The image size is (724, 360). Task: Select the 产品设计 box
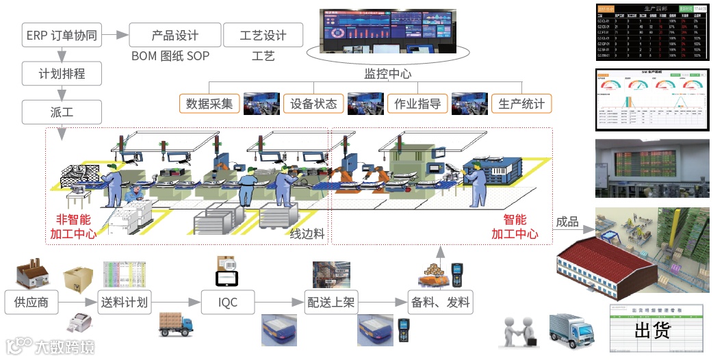tap(175, 36)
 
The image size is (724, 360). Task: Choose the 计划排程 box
tap(62, 73)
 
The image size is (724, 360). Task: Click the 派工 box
tap(62, 111)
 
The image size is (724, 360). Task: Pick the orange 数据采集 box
tap(209, 104)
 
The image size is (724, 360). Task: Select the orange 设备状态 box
tap(313, 104)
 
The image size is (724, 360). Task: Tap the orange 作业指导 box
tap(417, 104)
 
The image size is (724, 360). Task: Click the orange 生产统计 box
tap(521, 104)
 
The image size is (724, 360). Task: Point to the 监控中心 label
tap(387, 74)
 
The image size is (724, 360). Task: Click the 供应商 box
tap(31, 302)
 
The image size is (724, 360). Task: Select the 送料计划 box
tap(125, 302)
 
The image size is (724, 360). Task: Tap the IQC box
tap(228, 302)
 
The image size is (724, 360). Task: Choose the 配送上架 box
tap(331, 302)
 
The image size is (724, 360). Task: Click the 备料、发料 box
tap(440, 302)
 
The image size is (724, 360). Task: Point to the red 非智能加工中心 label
tap(73, 227)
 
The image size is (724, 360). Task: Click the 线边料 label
tap(307, 234)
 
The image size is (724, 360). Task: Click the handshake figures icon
tap(521, 333)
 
